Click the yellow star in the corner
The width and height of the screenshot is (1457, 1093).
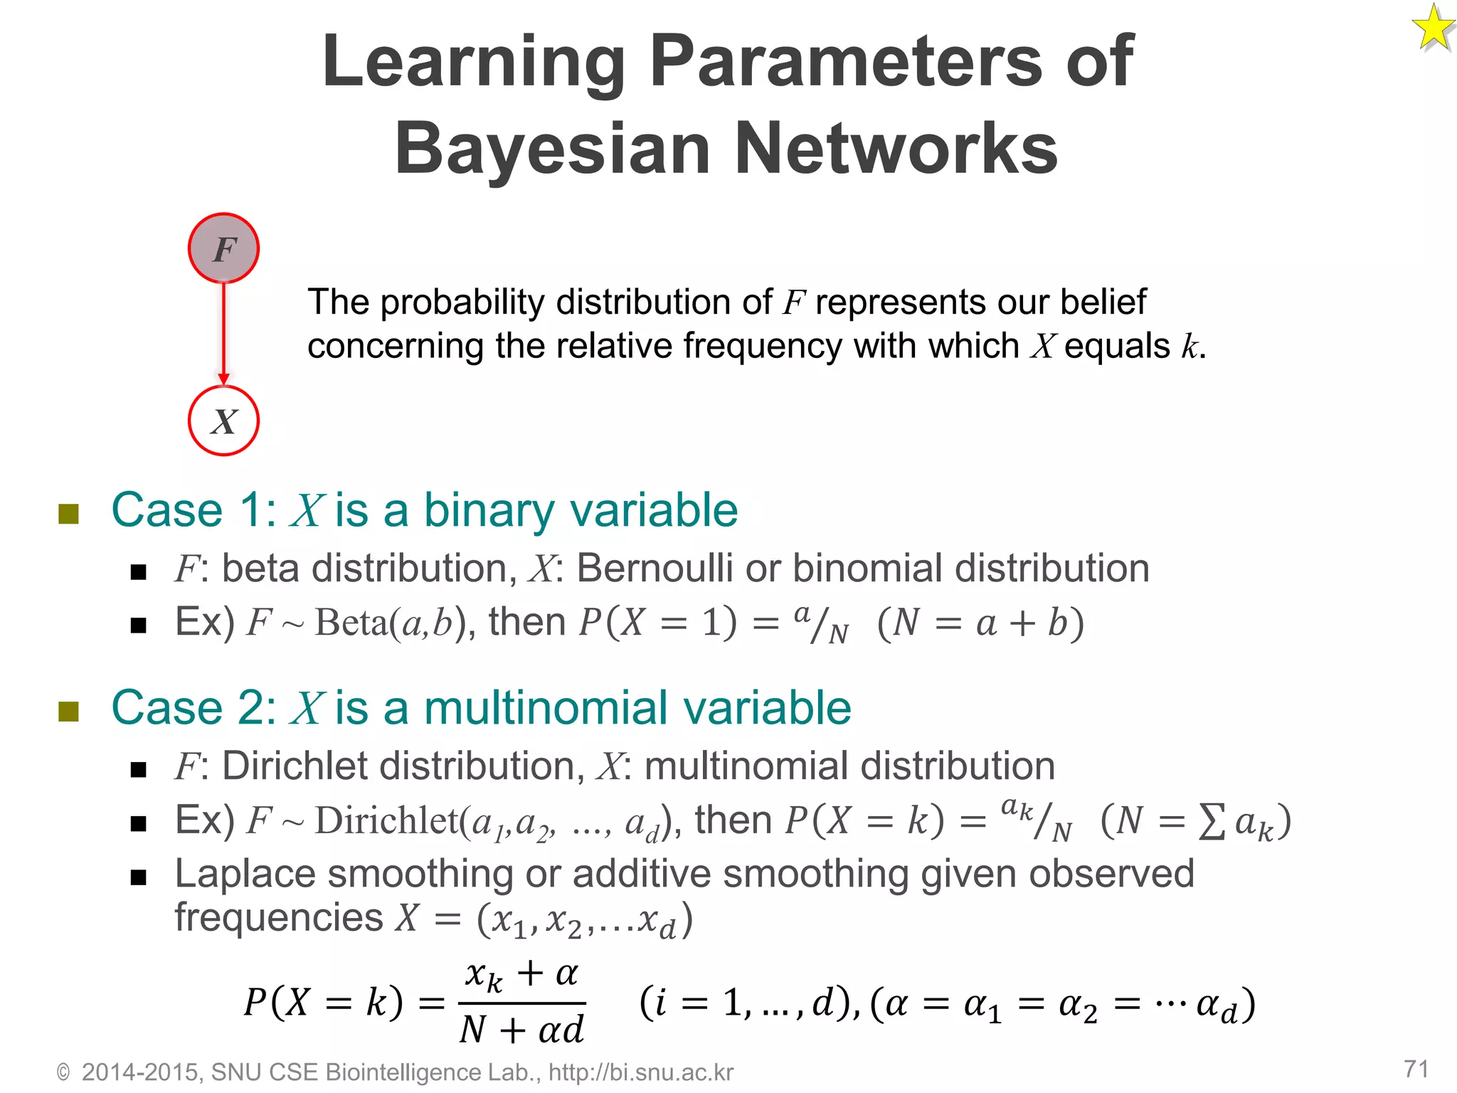coord(1434,28)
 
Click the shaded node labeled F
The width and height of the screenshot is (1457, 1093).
coord(223,248)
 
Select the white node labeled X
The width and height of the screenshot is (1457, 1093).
coord(223,421)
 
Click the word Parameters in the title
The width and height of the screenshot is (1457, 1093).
coord(847,62)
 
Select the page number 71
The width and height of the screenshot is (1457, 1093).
coord(1416,1068)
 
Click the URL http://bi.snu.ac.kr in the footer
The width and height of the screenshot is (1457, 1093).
coord(640,1072)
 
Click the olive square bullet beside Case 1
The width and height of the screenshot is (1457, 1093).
coord(68,513)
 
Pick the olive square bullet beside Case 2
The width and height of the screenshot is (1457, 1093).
coord(68,710)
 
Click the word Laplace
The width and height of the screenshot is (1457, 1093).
coord(245,874)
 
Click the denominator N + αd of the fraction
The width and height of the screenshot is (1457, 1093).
coord(521,1030)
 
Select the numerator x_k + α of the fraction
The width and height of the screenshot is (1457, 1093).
coord(521,974)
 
